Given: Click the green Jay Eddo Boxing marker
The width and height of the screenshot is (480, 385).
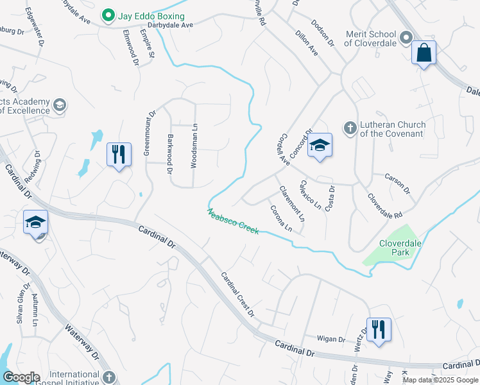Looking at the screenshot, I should (x=108, y=15).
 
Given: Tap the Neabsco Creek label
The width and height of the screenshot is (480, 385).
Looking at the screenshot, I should (x=233, y=221).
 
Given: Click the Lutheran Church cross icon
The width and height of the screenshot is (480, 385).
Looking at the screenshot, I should (x=350, y=127).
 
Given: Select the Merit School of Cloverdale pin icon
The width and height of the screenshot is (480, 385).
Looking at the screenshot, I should (x=406, y=39).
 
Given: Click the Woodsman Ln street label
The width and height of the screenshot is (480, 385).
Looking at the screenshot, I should (x=194, y=146).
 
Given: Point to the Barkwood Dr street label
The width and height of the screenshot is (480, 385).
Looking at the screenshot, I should (x=170, y=154).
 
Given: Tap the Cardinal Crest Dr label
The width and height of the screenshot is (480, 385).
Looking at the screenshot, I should (x=238, y=295).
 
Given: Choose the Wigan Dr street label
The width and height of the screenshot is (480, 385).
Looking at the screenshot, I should (x=332, y=338).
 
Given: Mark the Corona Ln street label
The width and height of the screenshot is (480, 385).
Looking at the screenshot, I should (x=281, y=218).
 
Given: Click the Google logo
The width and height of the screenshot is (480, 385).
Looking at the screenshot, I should (x=21, y=377).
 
